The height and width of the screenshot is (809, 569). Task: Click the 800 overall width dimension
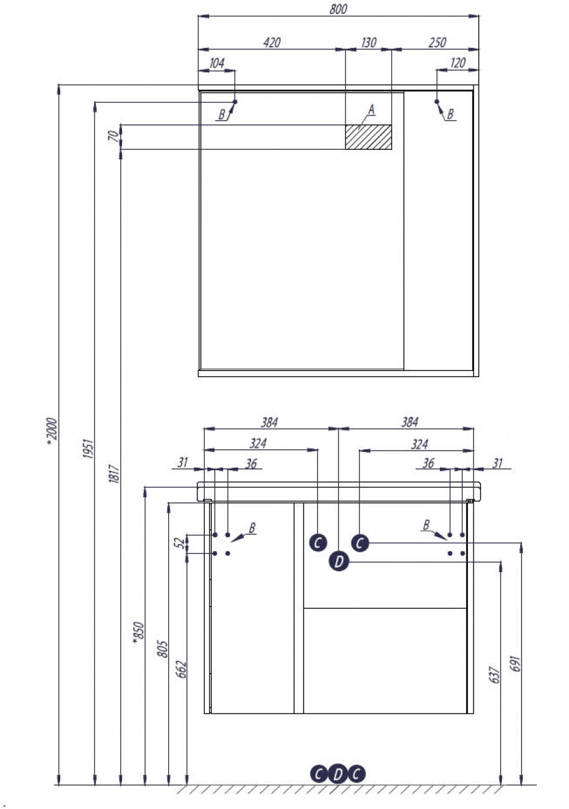click(338, 9)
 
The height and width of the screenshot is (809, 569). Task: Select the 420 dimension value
click(271, 42)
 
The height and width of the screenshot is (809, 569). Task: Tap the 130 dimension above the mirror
click(368, 42)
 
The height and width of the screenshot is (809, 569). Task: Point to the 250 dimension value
click(436, 42)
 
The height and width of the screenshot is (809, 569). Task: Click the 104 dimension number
click(216, 63)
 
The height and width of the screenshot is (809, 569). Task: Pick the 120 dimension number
click(457, 63)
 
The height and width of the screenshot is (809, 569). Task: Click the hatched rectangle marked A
click(368, 137)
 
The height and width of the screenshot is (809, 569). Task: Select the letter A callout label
click(372, 111)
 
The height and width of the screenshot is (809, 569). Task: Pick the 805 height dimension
click(162, 649)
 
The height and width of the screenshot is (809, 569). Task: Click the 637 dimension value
click(495, 674)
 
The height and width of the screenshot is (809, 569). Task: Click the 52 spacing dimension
click(180, 543)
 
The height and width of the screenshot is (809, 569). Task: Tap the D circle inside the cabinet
click(340, 561)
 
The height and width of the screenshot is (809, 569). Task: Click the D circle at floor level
click(338, 774)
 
